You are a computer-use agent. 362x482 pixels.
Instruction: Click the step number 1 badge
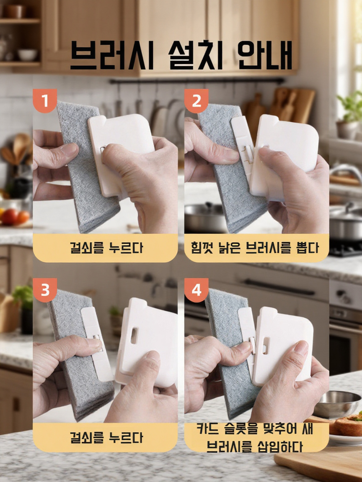(45, 100)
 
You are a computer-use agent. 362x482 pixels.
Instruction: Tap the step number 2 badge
(197, 100)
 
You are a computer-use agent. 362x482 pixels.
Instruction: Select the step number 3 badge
(45, 290)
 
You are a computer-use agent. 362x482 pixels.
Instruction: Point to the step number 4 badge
(197, 290)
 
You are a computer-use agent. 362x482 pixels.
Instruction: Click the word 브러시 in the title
(112, 56)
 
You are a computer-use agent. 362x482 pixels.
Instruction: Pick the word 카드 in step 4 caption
(209, 429)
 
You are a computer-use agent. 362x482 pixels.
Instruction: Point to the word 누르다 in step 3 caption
(126, 437)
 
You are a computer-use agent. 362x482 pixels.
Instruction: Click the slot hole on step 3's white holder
(134, 336)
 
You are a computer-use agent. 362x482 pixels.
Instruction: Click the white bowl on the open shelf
(27, 55)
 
